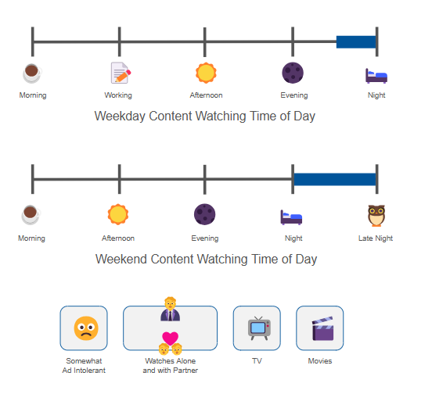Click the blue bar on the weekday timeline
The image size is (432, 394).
coord(356,41)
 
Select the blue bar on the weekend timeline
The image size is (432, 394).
coord(335,179)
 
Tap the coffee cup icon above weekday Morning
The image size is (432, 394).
coord(32,73)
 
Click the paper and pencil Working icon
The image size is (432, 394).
coord(121,73)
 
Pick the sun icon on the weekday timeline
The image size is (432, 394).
coord(206,73)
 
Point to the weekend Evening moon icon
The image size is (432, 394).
coord(205,214)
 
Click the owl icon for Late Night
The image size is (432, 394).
coord(376,216)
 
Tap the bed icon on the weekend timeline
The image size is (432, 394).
coord(291,217)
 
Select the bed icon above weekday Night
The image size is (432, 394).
coord(376,76)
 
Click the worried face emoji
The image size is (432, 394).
coord(86,328)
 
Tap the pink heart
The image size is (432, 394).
coord(171,338)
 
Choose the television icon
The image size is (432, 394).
coord(259,328)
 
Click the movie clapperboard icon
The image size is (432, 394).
coord(322,328)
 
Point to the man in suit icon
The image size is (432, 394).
coord(171,309)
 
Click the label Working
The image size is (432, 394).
coord(118,95)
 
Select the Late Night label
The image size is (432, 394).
coord(376,238)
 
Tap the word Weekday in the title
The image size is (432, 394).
coord(120,116)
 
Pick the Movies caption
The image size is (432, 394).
coord(320,361)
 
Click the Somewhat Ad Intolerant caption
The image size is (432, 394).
coord(84,366)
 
